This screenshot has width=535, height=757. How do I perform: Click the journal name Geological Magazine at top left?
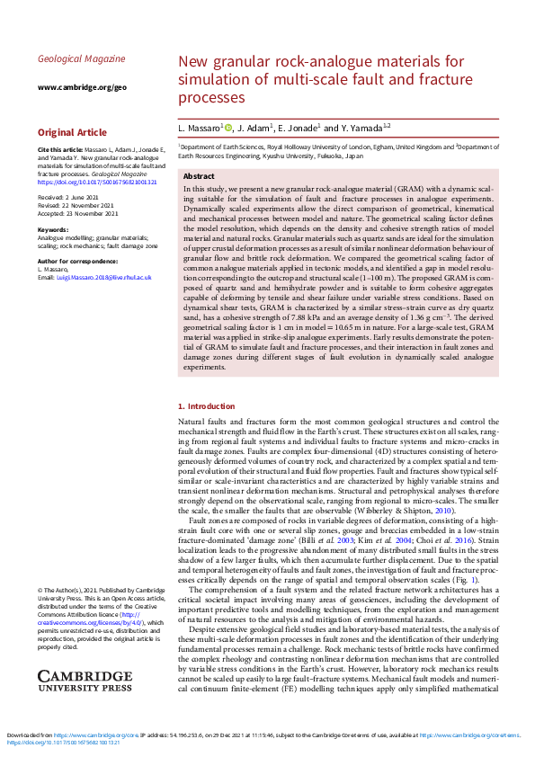pyautogui.click(x=82, y=59)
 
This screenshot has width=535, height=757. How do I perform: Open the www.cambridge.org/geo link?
pyautogui.click(x=82, y=87)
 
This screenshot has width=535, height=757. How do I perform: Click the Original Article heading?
pyautogui.click(x=72, y=132)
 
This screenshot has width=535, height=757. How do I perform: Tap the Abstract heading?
pyautogui.click(x=199, y=177)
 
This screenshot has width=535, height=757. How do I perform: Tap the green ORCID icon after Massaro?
pyautogui.click(x=228, y=128)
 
